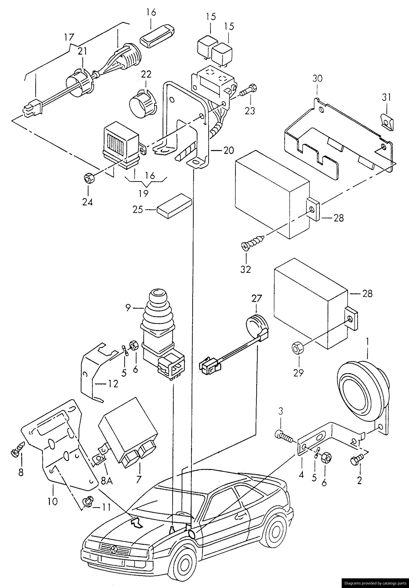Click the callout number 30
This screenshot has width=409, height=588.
[x=317, y=79]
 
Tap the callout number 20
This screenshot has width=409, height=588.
[x=229, y=150]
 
